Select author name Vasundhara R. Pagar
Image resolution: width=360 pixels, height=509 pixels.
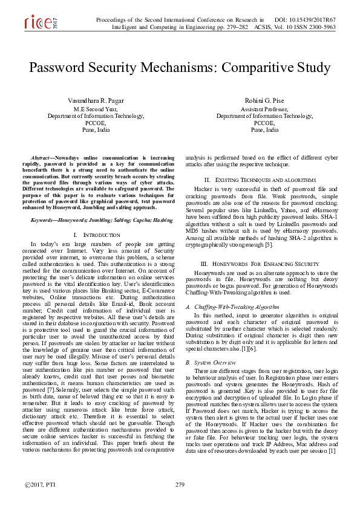[96, 100]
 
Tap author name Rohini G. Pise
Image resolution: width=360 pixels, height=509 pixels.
[265, 100]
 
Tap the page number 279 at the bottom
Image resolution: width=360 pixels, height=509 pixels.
[180, 485]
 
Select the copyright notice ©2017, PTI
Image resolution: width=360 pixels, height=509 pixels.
[40, 485]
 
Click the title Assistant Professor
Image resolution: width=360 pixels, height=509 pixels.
[264, 109]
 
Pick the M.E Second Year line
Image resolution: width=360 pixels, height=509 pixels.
[96, 109]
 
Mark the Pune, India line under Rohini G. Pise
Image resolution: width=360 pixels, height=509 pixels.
[264, 129]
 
